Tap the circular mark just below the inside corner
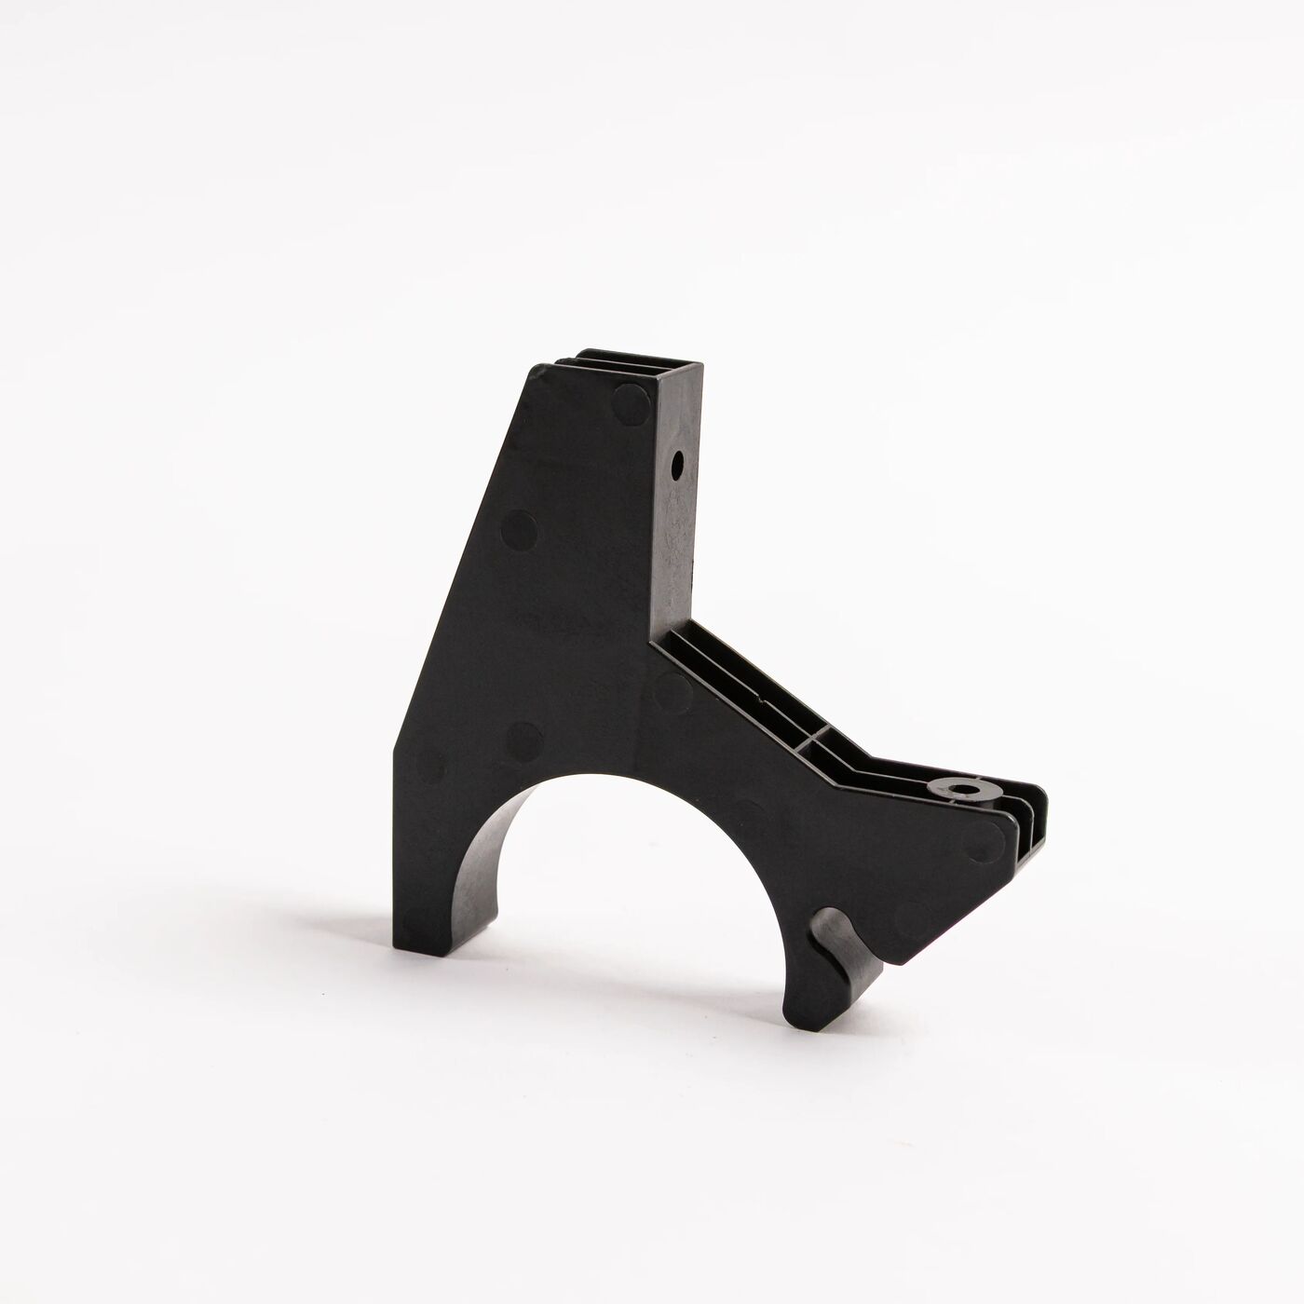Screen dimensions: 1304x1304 pos(669,689)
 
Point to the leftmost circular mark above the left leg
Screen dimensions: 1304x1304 pos(429,768)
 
